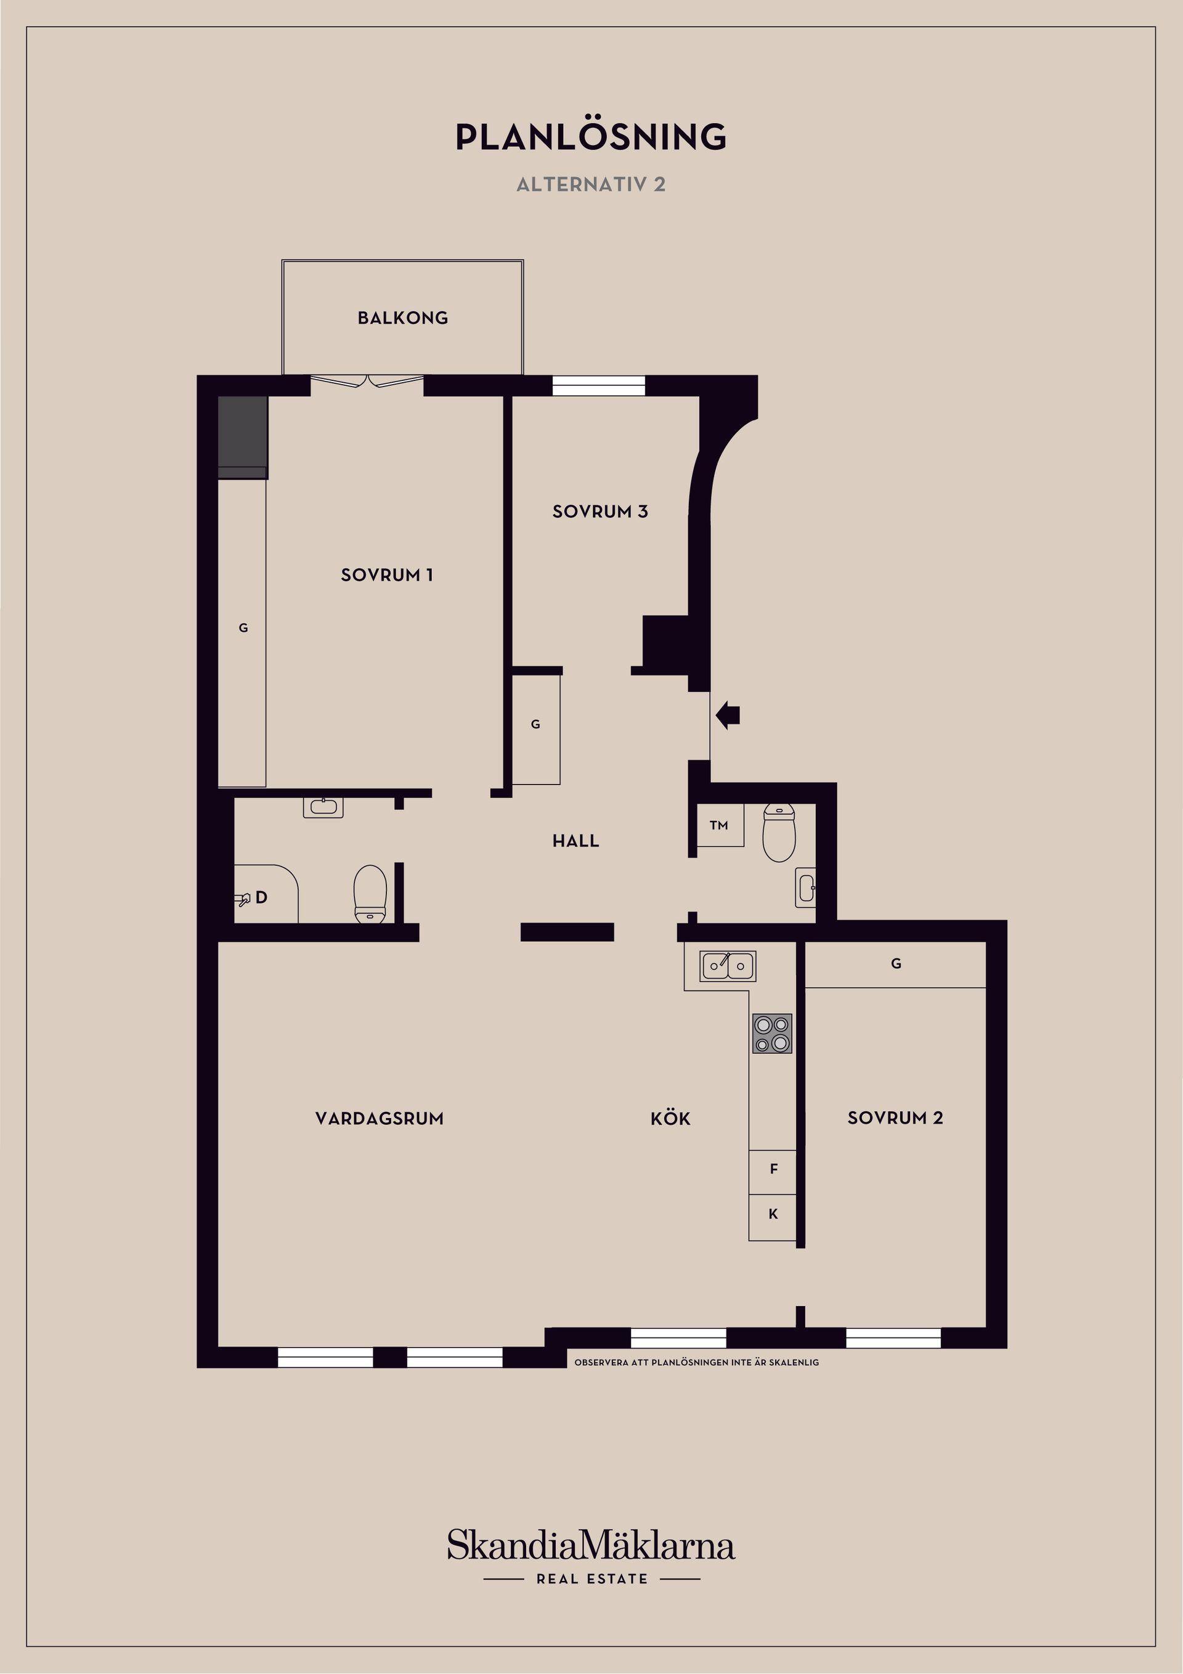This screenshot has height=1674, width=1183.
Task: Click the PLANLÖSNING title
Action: coord(591,137)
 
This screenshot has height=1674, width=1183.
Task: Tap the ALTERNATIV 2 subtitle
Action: coord(591,184)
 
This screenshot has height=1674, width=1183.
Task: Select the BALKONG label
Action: coord(402,318)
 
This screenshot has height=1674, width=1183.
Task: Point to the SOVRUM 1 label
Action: coord(387,575)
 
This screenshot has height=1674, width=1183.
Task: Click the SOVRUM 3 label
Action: coord(600,512)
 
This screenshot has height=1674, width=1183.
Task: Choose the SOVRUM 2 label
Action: coord(895,1119)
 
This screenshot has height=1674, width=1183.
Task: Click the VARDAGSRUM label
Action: coord(379,1119)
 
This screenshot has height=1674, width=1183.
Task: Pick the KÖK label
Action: coord(670,1119)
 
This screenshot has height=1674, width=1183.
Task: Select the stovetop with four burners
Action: coord(772,1034)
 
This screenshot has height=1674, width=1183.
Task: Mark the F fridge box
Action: coord(773,1169)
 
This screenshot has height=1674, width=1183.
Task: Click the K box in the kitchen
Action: coord(773,1214)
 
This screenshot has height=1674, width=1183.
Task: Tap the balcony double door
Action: coord(367,380)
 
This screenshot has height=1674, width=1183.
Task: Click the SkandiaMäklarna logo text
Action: coord(591,1546)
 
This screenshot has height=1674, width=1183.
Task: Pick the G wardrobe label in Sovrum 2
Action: coord(896,964)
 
